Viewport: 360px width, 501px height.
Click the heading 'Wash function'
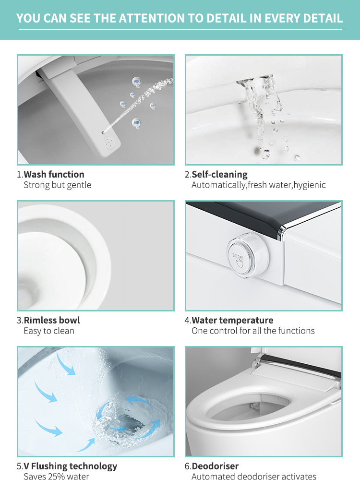tap(54, 175)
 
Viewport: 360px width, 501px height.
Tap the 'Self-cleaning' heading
tap(219, 175)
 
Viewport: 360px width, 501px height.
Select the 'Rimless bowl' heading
tap(52, 320)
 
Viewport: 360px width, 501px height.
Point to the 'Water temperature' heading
tap(232, 320)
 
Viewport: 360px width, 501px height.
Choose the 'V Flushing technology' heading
tap(71, 466)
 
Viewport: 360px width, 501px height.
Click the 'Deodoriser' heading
tap(215, 466)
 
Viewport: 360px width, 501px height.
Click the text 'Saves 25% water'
tap(56, 477)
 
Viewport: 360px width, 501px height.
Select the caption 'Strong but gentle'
tap(58, 185)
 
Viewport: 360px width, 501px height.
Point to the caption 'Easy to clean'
tap(49, 331)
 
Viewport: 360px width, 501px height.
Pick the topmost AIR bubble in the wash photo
tap(137, 82)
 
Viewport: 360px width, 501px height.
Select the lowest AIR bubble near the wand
tap(136, 123)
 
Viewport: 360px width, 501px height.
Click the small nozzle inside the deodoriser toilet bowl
tap(254, 406)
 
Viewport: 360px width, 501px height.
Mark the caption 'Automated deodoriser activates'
tap(254, 477)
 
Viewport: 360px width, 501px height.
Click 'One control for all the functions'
tap(253, 331)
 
